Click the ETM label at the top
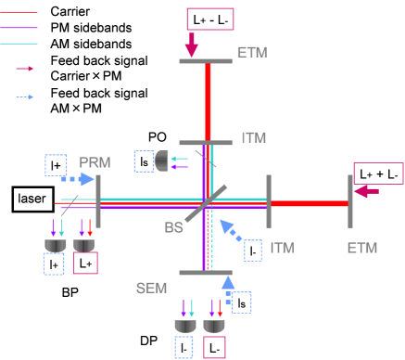coord(251,53)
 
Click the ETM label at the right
coord(362,248)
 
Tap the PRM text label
coord(95,162)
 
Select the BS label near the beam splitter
coord(173,227)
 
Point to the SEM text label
coord(151,288)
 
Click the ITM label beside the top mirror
coord(253,137)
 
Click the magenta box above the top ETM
coord(210,19)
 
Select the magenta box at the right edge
coord(378,174)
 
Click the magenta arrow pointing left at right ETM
coord(367,192)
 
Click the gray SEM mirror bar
coord(205,273)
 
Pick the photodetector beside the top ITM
coord(161,161)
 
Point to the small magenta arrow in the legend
coord(25,68)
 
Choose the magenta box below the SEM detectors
coord(214,347)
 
